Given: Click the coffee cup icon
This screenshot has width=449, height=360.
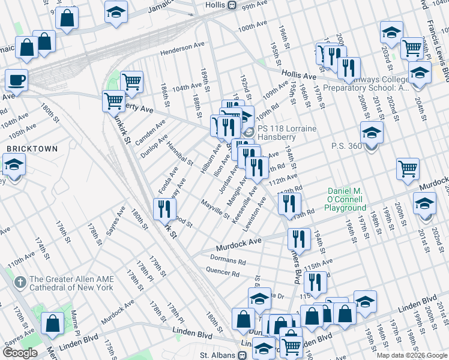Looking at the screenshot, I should pyautogui.click(x=17, y=80).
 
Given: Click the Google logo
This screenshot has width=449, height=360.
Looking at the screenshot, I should pyautogui.click(x=19, y=353).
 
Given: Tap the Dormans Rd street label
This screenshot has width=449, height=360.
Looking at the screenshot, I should pyautogui.click(x=228, y=260).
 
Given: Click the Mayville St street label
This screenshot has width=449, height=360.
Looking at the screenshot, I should pyautogui.click(x=215, y=208).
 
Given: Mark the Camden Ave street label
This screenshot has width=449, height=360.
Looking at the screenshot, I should pyautogui.click(x=152, y=133).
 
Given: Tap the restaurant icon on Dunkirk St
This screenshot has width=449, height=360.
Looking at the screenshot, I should pyautogui.click(x=164, y=209).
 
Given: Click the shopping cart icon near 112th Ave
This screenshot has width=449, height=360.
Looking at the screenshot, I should pyautogui.click(x=408, y=169).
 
